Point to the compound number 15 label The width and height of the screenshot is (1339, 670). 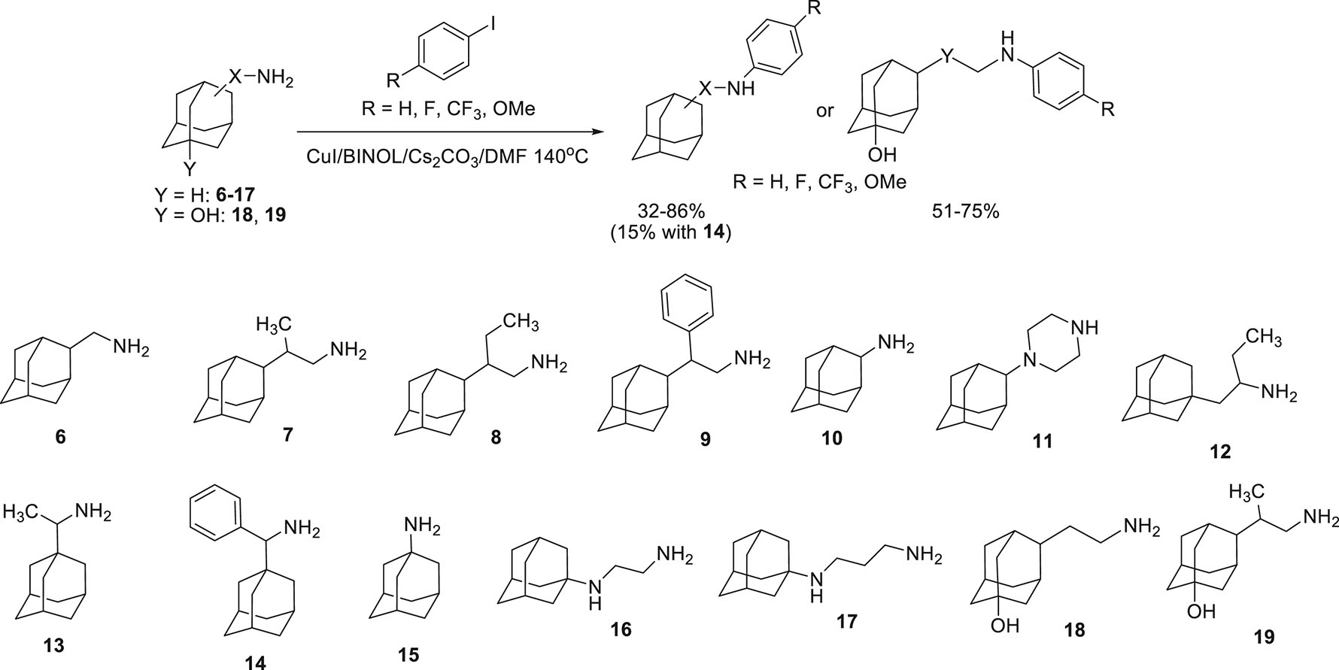point(408,655)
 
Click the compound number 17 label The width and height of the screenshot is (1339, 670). point(846,622)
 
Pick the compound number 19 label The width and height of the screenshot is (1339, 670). point(1264,637)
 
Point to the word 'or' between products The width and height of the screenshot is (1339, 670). point(825,111)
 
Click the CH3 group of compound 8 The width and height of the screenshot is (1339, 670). point(521,323)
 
